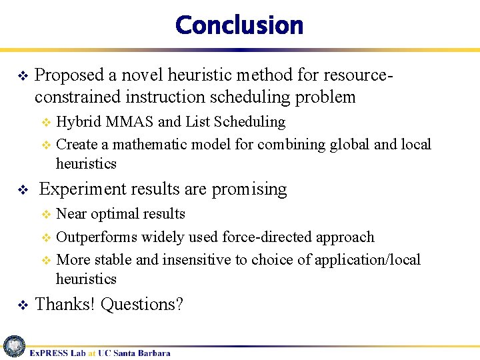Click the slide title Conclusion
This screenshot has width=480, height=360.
pyautogui.click(x=239, y=25)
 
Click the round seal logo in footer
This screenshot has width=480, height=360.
pyautogui.click(x=13, y=347)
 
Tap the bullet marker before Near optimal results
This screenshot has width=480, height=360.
pyautogui.click(x=46, y=215)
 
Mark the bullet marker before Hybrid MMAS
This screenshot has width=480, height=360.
pyautogui.click(x=46, y=123)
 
